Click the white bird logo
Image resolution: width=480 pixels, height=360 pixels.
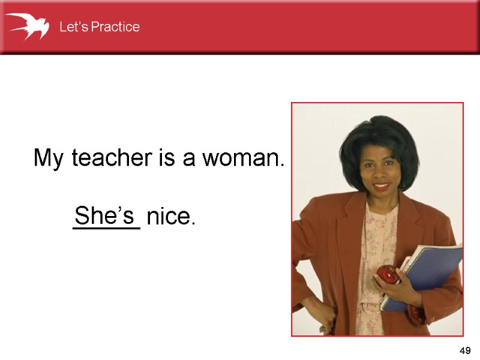[x=27, y=26]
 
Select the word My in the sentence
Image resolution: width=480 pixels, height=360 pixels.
[x=50, y=159]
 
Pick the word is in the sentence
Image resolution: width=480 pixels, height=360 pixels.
[x=166, y=158]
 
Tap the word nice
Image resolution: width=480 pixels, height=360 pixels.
[x=170, y=217]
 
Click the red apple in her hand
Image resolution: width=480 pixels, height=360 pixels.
[x=388, y=275]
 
